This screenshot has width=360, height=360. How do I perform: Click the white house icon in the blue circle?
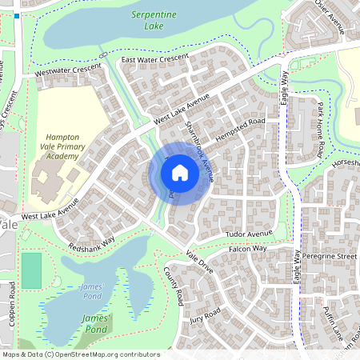click(x=180, y=173)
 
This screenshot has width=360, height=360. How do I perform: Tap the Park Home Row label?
click(x=319, y=129)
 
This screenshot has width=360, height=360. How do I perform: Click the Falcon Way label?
click(x=248, y=249)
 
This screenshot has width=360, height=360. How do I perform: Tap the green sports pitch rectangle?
click(x=31, y=270)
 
